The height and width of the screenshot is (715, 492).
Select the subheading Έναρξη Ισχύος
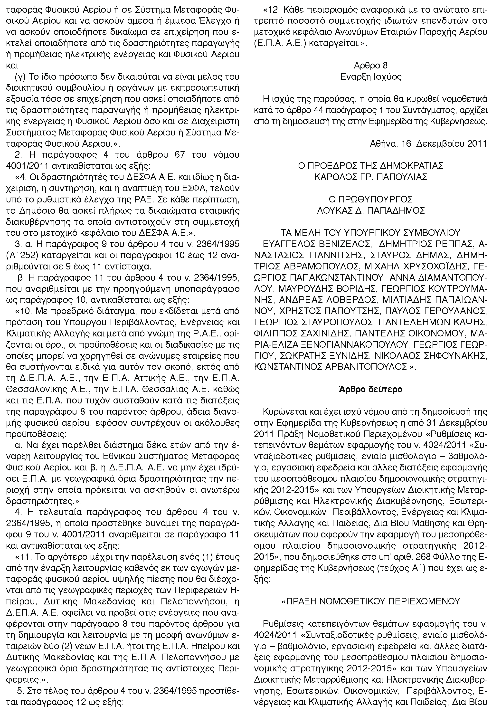[370, 77]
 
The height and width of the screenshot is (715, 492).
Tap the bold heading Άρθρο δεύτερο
[370, 389]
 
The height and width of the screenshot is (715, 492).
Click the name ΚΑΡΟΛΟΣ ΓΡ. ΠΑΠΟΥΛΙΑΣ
[370, 177]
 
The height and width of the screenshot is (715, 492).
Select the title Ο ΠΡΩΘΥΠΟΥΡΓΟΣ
[370, 199]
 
